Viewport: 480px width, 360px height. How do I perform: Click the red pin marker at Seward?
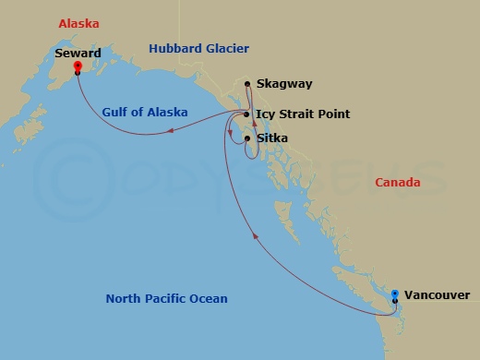[77, 66]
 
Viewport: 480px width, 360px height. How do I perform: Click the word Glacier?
[227, 48]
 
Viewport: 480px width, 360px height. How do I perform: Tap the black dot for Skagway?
[247, 84]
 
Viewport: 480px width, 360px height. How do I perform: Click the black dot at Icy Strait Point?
[246, 114]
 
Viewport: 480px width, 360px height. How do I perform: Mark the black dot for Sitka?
[246, 138]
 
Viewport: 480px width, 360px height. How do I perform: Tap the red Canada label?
[398, 183]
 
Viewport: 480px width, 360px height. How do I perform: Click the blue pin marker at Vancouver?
[395, 295]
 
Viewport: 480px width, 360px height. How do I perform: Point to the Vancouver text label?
[437, 295]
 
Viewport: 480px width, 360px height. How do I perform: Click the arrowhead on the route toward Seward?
[172, 132]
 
